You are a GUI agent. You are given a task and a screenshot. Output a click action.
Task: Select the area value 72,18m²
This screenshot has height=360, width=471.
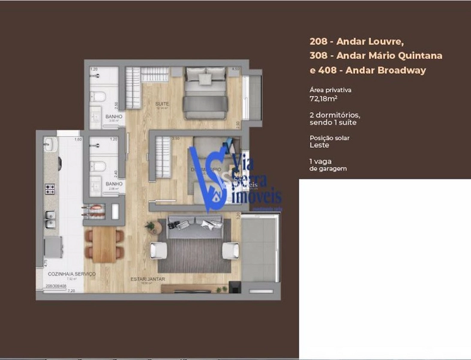(323, 98)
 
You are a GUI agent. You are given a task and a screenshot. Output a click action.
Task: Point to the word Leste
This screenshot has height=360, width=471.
(320, 145)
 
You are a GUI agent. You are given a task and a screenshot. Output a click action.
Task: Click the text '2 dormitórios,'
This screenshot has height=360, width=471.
(335, 115)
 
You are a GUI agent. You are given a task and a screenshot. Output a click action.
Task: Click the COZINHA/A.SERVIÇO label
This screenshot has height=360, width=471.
(71, 274)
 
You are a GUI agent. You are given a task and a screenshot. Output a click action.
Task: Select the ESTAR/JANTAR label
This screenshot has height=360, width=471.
(148, 279)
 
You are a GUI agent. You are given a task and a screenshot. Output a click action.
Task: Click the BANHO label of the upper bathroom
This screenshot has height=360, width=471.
(113, 116)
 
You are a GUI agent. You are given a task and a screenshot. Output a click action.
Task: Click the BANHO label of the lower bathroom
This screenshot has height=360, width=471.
(113, 184)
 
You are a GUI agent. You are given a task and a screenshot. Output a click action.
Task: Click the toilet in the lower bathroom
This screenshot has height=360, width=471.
(100, 165)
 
